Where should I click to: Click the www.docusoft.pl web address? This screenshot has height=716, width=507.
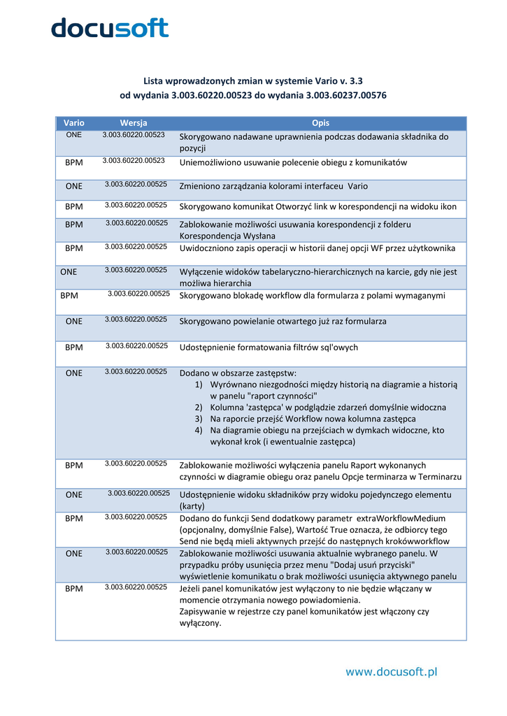(x=391, y=672)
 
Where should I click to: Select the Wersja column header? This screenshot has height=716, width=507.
(x=133, y=123)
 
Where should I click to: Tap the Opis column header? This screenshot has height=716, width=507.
(x=321, y=123)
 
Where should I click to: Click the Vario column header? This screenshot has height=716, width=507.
(x=73, y=123)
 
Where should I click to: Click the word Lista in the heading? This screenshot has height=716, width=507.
(x=155, y=80)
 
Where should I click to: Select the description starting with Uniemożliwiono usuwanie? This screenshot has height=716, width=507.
(x=293, y=162)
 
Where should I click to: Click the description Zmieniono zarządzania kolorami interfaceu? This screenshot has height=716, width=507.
(x=273, y=187)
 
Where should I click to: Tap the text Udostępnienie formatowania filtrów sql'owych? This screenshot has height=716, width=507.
(x=269, y=348)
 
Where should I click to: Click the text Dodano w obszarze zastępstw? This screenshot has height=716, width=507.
(x=238, y=373)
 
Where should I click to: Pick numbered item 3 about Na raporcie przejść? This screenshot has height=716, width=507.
(x=313, y=419)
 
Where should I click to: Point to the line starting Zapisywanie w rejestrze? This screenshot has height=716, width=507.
(x=304, y=611)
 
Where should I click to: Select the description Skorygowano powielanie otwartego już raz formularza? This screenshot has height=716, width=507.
(x=283, y=321)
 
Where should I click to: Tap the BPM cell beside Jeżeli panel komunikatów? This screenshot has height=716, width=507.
(x=73, y=589)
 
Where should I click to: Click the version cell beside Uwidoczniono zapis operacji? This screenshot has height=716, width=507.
(x=136, y=247)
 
